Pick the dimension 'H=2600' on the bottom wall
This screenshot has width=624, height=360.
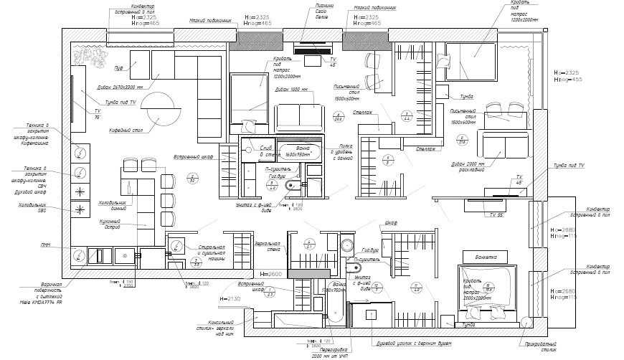[x=270, y=275]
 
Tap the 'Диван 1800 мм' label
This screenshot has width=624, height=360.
[x=291, y=90]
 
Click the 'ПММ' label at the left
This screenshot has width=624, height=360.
[x=45, y=245]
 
